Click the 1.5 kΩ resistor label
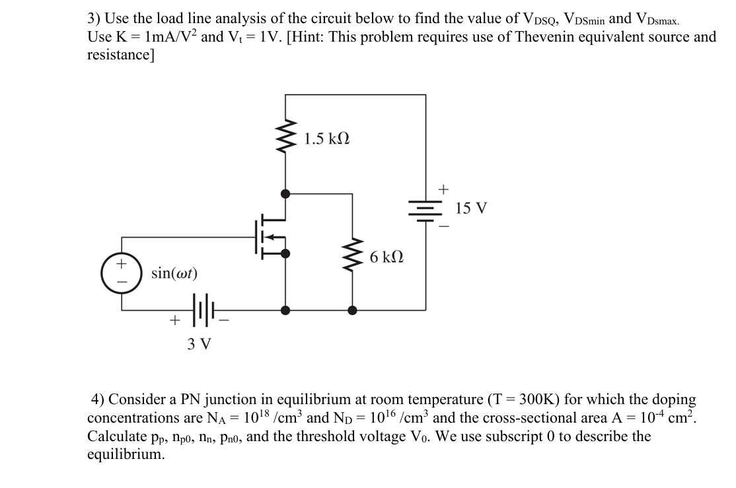point(327,139)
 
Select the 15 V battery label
point(472,209)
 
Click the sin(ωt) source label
point(174,273)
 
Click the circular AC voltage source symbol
point(121,271)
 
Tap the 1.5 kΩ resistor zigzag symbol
point(285,139)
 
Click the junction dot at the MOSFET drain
point(285,193)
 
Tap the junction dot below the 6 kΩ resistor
point(353,309)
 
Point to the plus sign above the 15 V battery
point(443,190)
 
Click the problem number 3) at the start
point(94,19)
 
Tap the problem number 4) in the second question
point(98,400)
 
